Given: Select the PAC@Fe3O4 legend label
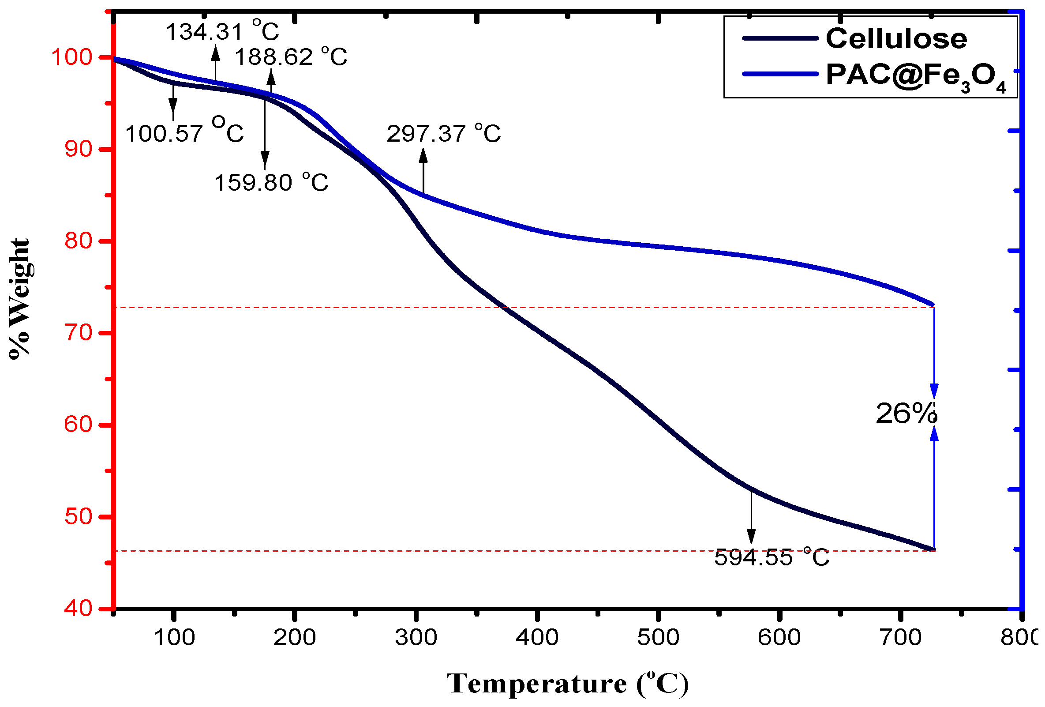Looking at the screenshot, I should pyautogui.click(x=915, y=75).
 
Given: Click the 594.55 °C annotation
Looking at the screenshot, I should pyautogui.click(x=772, y=557).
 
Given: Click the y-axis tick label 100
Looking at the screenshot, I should pyautogui.click(x=71, y=57).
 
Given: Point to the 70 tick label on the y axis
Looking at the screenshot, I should pyautogui.click(x=78, y=333).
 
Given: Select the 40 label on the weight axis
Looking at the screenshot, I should pyautogui.click(x=78, y=608).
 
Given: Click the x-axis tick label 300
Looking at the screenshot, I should pyautogui.click(x=416, y=637).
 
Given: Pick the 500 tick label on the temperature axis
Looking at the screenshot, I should pyautogui.click(x=658, y=637).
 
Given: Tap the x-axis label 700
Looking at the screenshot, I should pyautogui.click(x=901, y=637).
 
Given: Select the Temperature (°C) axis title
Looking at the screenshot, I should pyautogui.click(x=567, y=684).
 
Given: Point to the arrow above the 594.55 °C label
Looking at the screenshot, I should pyautogui.click(x=751, y=518).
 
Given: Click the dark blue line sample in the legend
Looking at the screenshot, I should pyautogui.click(x=780, y=38).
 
